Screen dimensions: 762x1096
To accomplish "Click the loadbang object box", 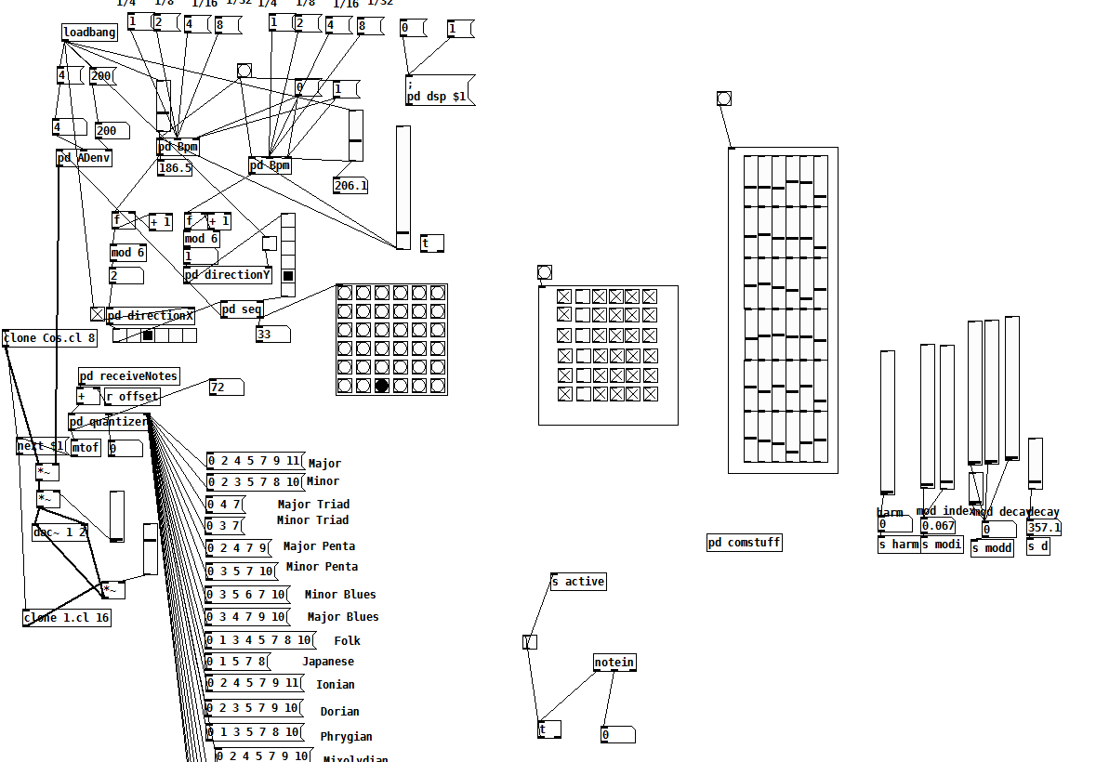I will click(90, 33).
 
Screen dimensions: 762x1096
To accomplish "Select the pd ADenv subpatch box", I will click(84, 158).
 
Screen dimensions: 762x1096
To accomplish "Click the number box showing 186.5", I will click(175, 168).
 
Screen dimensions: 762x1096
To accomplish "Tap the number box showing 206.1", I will click(350, 186).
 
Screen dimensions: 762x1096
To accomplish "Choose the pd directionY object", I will click(228, 275).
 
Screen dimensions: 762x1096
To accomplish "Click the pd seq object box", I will click(242, 309).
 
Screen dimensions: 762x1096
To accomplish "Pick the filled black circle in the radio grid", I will click(382, 386).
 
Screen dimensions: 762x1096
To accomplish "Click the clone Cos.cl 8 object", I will click(50, 338).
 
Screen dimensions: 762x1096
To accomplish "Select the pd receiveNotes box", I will click(128, 376).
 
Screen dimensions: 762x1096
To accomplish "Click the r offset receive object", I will click(131, 397).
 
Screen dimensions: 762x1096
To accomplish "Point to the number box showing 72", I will click(226, 388).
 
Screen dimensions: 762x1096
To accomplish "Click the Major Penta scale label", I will click(319, 546).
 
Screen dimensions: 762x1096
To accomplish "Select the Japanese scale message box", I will click(237, 662).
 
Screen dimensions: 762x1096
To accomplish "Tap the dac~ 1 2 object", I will click(60, 532).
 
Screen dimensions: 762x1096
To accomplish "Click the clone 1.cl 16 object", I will click(67, 618).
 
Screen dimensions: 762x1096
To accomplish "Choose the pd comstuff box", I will click(744, 543).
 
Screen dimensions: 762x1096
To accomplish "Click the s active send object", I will click(578, 582).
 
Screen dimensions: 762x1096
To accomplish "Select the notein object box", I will click(614, 663).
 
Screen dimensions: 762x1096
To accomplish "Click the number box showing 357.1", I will click(1043, 528).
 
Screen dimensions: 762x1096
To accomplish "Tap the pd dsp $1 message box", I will click(439, 91).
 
